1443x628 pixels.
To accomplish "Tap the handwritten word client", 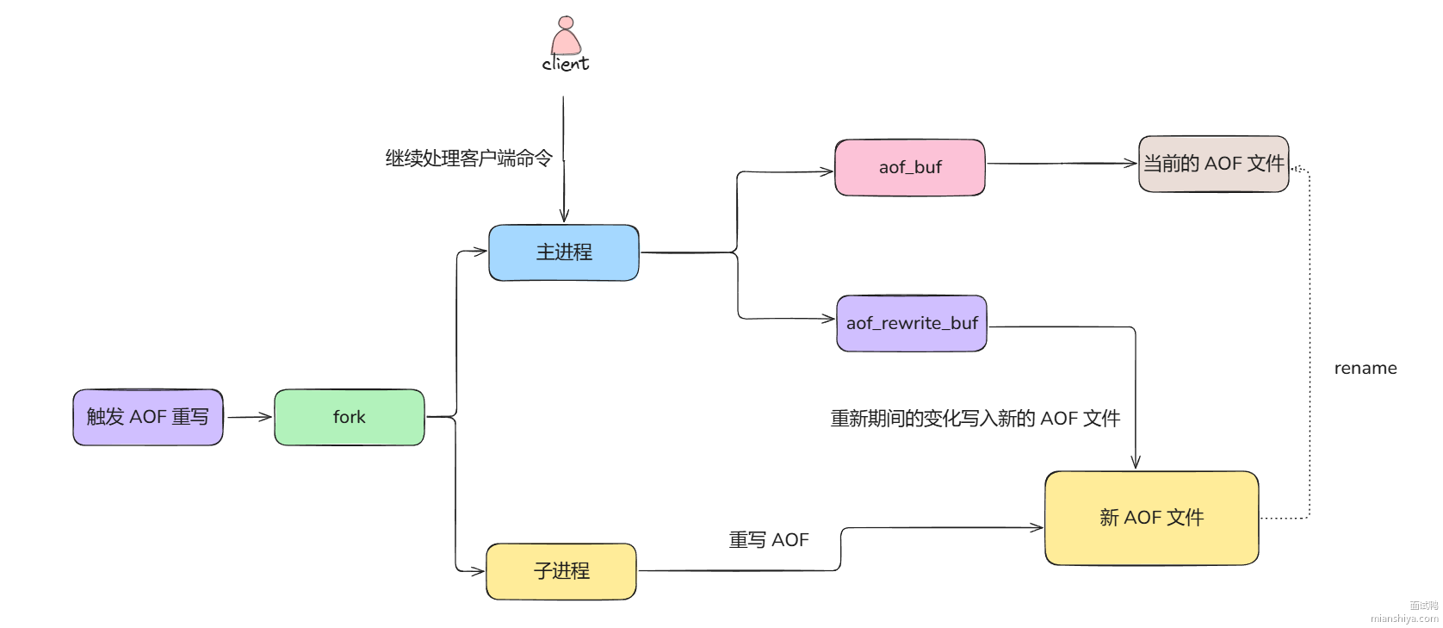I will tap(566, 64).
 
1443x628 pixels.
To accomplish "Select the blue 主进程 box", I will tap(564, 252).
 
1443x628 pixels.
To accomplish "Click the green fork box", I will tap(350, 417).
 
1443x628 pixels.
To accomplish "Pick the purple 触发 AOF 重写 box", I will tap(148, 417).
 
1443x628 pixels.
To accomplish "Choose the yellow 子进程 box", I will tap(561, 571).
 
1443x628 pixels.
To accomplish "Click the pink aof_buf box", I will tap(910, 167).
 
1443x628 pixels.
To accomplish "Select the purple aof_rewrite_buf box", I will tap(912, 323).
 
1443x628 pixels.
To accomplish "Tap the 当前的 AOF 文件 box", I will tap(1213, 164).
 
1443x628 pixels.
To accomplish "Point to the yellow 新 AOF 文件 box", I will tap(1151, 518).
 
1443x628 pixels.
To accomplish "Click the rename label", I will tap(1366, 369).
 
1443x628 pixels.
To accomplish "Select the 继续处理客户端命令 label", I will tap(468, 159).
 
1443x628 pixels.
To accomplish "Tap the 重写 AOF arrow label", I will tap(769, 540).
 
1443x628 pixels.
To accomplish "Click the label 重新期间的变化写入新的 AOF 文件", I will tap(975, 419).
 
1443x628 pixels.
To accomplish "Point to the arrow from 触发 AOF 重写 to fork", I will tap(249, 417).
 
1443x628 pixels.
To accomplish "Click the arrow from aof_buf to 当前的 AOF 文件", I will tap(1061, 163).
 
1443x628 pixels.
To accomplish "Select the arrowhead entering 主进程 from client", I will tap(564, 215).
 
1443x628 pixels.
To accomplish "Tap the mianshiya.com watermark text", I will tap(1404, 618).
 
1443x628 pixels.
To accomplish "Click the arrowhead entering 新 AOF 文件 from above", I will tap(1136, 462).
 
